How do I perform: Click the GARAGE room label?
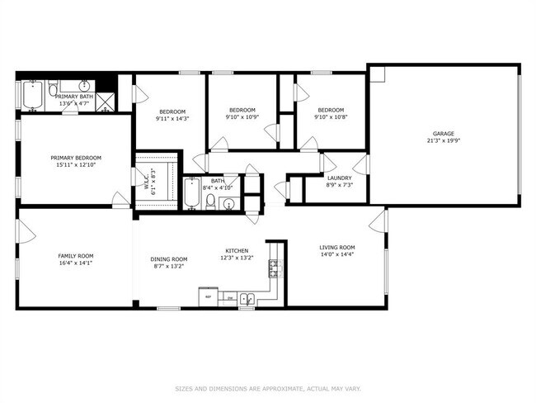click(x=444, y=133)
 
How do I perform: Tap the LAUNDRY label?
click(x=339, y=178)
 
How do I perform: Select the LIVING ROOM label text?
click(x=336, y=248)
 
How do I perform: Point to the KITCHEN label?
click(x=237, y=251)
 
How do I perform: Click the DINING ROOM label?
click(x=168, y=259)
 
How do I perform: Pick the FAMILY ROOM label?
click(x=75, y=256)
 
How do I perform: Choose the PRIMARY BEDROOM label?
click(x=75, y=158)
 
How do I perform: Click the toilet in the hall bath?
click(x=211, y=201)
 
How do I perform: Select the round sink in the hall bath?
click(x=228, y=203)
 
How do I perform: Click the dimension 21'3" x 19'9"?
click(x=444, y=140)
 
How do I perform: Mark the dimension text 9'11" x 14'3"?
click(x=172, y=119)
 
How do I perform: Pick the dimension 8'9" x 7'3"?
click(x=339, y=186)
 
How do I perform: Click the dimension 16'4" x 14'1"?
click(x=75, y=263)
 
